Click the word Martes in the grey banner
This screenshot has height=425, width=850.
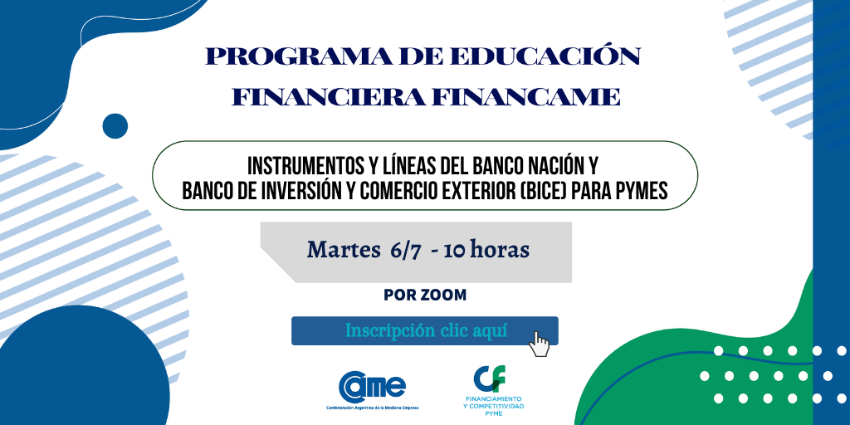343,250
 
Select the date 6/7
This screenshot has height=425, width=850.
404,251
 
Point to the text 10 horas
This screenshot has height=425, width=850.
486,250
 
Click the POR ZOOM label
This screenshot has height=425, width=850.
425,295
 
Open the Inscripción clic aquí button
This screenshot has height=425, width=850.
425,330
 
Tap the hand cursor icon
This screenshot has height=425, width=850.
539,344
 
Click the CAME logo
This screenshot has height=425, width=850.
372,386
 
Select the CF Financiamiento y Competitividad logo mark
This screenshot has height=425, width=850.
490,379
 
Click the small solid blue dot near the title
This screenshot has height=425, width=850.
115,126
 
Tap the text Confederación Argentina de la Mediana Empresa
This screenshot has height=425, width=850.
372,408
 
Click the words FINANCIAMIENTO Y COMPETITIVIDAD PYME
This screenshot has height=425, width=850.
490,405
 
